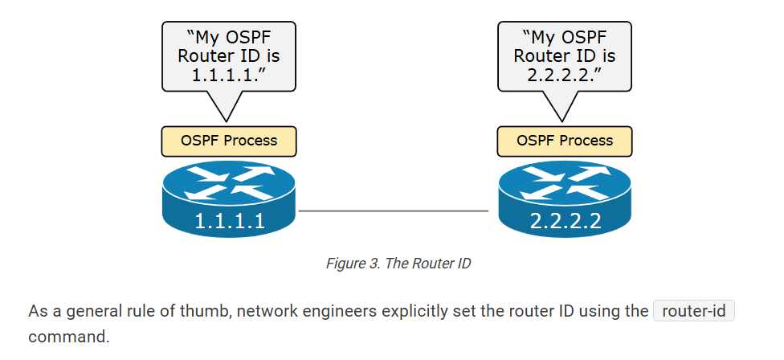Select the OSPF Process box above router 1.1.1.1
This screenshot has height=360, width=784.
coord(229,141)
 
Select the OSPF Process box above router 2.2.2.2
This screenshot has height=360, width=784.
coord(565,141)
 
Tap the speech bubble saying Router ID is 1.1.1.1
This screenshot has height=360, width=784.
coord(229,55)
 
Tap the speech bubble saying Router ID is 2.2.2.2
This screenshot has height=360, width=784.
coord(565,55)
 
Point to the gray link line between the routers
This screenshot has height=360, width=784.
coord(394,211)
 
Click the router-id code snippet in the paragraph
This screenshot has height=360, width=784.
coord(694,311)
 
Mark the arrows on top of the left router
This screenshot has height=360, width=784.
coord(229,182)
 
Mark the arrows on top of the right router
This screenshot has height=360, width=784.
coord(565,182)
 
